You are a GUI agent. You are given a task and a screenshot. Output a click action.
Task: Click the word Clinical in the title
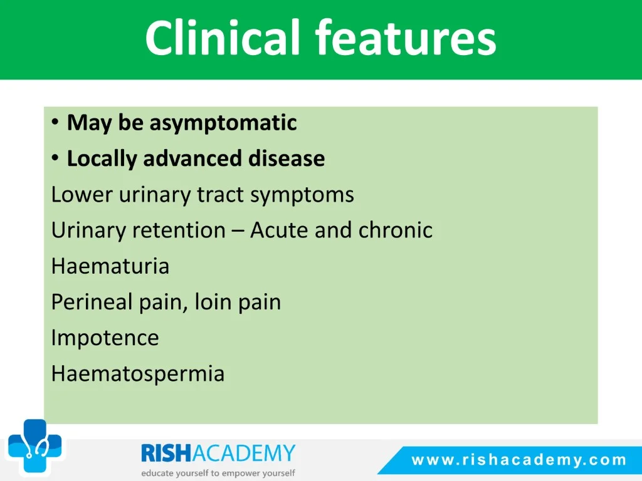point(223,38)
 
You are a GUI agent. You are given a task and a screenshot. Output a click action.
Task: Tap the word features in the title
point(406,38)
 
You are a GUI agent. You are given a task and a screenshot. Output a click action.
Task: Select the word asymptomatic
point(223,123)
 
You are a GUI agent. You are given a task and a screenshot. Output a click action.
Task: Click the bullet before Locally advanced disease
point(55,158)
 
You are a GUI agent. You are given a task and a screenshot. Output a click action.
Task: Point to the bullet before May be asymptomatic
point(55,122)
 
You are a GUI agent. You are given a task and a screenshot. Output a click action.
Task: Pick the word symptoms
point(302,195)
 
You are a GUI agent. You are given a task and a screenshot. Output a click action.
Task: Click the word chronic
point(396,230)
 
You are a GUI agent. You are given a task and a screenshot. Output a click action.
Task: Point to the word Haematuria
point(110,266)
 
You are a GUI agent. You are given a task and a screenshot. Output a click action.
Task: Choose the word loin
point(213,302)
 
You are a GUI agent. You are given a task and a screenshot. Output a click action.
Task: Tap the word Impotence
point(105,338)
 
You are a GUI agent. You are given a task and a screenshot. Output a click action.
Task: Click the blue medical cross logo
point(35,445)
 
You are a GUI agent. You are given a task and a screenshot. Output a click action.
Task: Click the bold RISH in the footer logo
point(166,453)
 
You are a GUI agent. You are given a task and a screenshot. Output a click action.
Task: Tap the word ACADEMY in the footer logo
point(244,453)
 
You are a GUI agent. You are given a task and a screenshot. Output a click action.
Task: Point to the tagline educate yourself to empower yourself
point(218,473)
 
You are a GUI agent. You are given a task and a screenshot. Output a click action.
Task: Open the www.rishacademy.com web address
point(519,460)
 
